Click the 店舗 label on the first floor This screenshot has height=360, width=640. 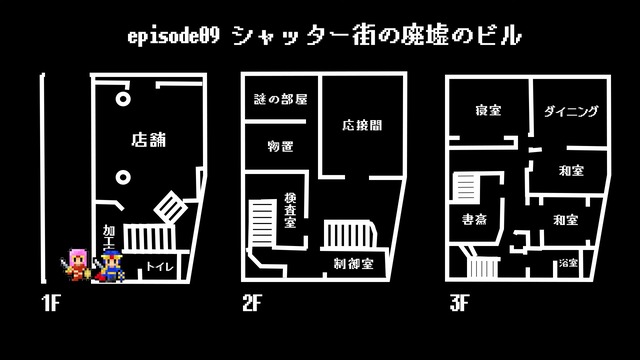[x=148, y=140]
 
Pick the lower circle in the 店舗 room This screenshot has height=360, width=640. [x=122, y=178]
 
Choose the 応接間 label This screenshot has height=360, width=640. [x=361, y=127]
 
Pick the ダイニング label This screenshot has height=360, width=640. [x=571, y=112]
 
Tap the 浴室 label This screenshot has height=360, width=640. [x=568, y=264]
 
